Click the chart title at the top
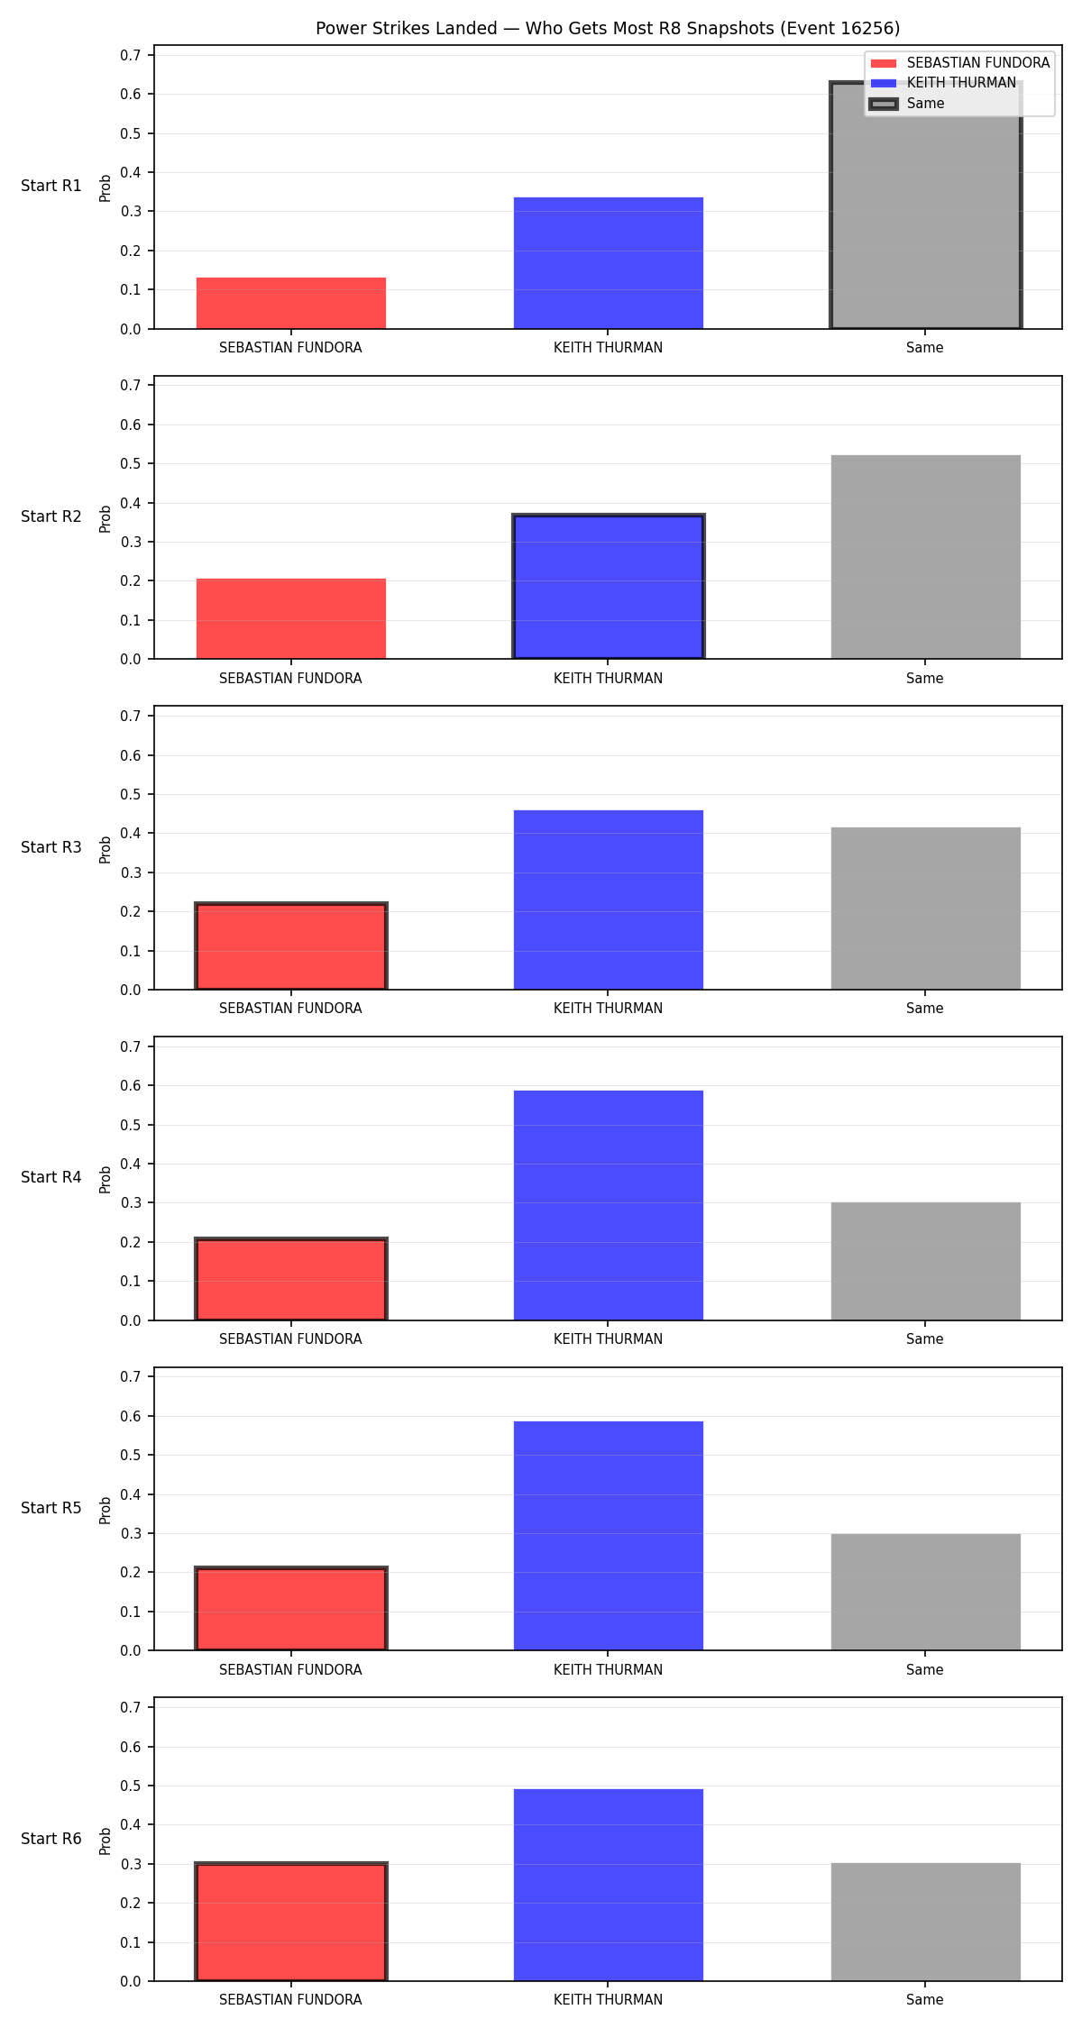[608, 28]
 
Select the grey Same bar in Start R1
[925, 206]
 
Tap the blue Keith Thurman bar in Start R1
[608, 263]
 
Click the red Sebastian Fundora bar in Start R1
[291, 303]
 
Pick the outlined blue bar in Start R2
[608, 587]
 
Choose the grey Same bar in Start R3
[925, 909]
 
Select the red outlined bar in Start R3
[291, 946]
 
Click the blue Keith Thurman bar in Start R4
[608, 1206]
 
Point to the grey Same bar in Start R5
[925, 1593]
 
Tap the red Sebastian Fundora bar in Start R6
[291, 1922]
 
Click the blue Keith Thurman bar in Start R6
[608, 1886]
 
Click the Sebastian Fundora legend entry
[959, 63]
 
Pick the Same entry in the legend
[907, 104]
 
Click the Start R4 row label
[51, 1177]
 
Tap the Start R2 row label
[51, 516]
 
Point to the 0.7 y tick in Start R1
[131, 55]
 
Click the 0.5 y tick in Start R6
[131, 1786]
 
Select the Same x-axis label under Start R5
[925, 1670]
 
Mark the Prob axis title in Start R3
[105, 849]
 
